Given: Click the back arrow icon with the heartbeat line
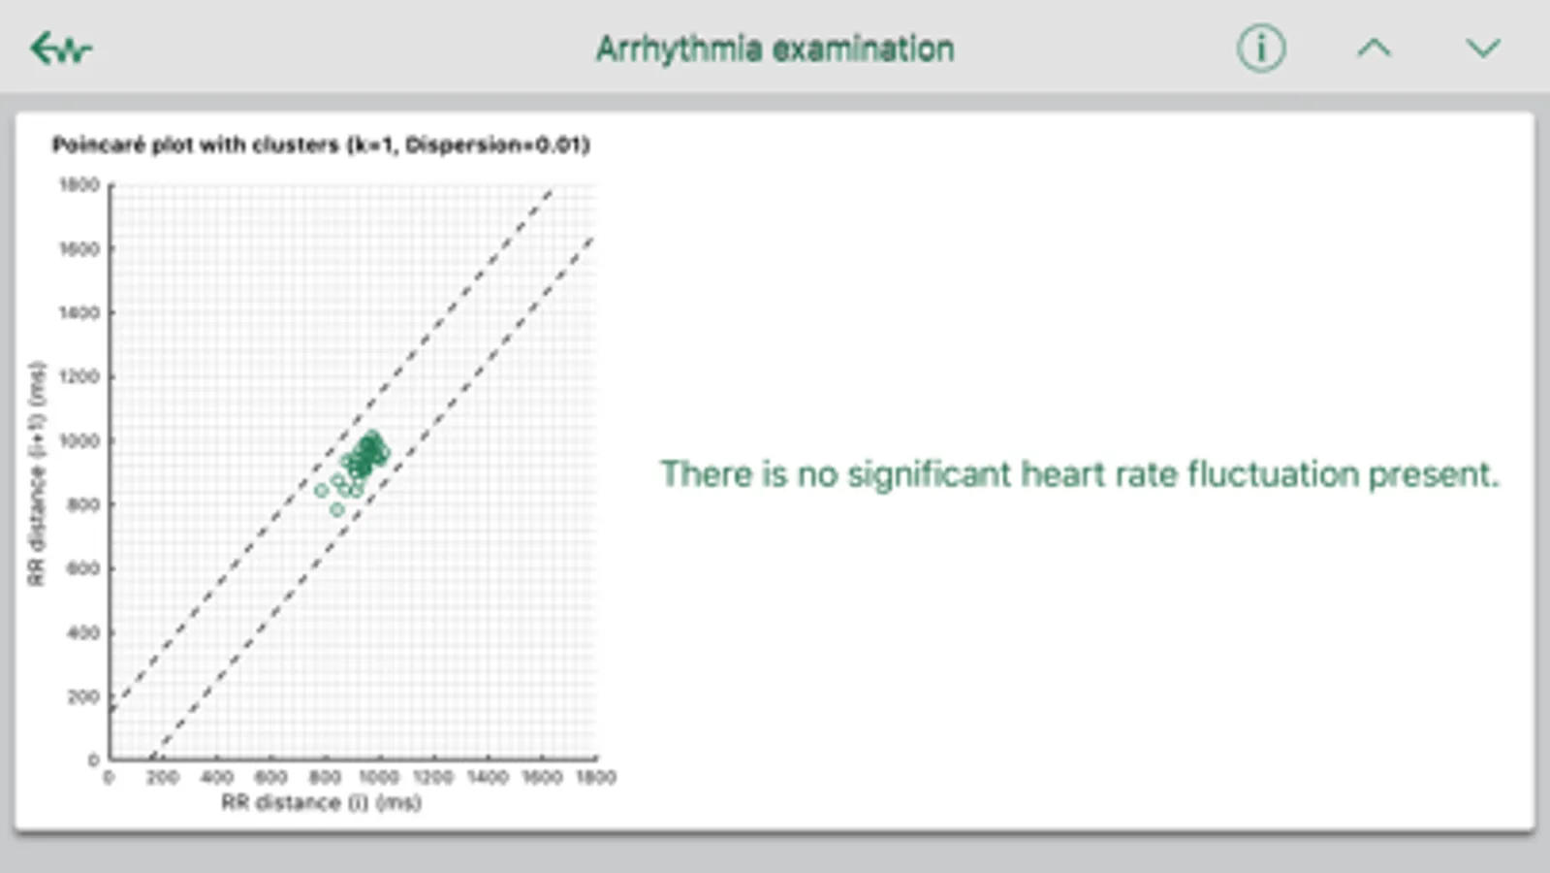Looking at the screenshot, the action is point(61,48).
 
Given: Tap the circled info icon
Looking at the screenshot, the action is point(1261,48).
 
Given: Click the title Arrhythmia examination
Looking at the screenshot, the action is point(775,49).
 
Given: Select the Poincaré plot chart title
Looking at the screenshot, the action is point(321,145).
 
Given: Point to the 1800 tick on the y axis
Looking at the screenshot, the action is point(79,184).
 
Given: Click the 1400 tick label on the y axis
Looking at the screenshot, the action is point(79,312).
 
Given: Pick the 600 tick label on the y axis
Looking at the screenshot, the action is point(83,568).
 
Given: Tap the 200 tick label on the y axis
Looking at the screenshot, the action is point(83,696).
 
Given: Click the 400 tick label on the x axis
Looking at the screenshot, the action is point(216,778).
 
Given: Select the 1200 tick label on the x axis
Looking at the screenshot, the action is point(433,778).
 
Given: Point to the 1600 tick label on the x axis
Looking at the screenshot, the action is point(542,778).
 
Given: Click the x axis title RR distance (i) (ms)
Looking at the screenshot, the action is point(322,803).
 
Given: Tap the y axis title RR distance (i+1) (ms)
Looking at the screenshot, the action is point(37,474).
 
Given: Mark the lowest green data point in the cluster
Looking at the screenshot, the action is point(337,509).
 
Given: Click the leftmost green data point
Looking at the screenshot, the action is point(321,490).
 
